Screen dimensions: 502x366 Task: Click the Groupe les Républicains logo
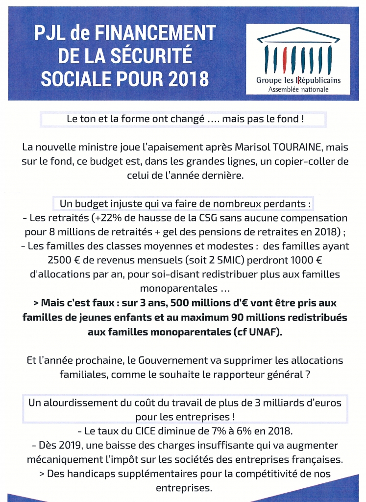[x=298, y=59]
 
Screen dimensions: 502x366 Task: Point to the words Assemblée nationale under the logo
[x=298, y=89]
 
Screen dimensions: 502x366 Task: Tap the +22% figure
[x=106, y=218]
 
